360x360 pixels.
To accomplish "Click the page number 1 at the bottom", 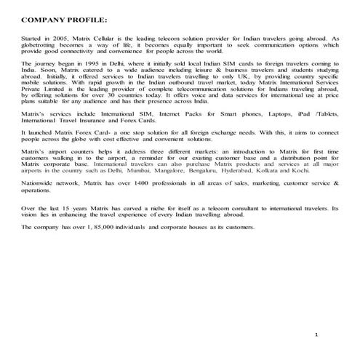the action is pyautogui.click(x=317, y=333).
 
